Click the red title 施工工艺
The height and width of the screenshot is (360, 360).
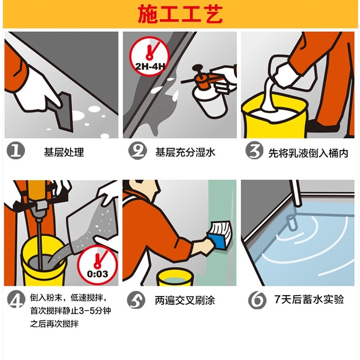click(180, 14)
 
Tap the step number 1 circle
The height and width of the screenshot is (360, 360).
click(15, 151)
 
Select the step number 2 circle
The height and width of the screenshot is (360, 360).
click(138, 151)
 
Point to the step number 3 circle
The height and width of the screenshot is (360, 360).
click(254, 150)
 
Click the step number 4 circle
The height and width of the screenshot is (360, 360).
click(16, 299)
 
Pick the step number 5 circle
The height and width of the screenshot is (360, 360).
click(136, 300)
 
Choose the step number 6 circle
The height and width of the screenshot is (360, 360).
click(257, 300)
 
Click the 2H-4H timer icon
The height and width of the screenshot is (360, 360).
click(150, 56)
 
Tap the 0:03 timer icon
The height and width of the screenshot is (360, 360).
click(97, 265)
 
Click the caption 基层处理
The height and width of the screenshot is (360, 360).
click(64, 152)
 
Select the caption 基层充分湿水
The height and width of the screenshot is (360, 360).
click(185, 152)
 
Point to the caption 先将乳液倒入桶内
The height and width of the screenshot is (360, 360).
click(308, 153)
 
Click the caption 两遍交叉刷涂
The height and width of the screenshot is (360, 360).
click(185, 300)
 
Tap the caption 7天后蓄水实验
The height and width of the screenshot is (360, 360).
click(309, 299)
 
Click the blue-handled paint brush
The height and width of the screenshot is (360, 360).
click(220, 235)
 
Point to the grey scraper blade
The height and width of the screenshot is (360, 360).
click(60, 112)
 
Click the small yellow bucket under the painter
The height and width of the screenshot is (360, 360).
click(175, 278)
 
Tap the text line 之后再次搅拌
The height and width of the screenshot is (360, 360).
click(54, 324)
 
